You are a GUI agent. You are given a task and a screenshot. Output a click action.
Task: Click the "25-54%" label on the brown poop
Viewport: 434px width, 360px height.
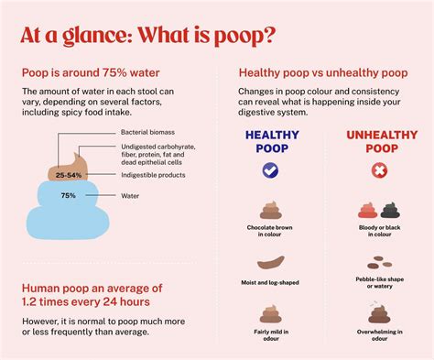[x=68, y=174]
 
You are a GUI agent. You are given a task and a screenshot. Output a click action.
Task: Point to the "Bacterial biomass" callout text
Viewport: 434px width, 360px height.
[x=149, y=134]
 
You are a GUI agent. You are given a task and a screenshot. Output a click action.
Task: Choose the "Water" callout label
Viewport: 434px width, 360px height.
[x=132, y=195]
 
